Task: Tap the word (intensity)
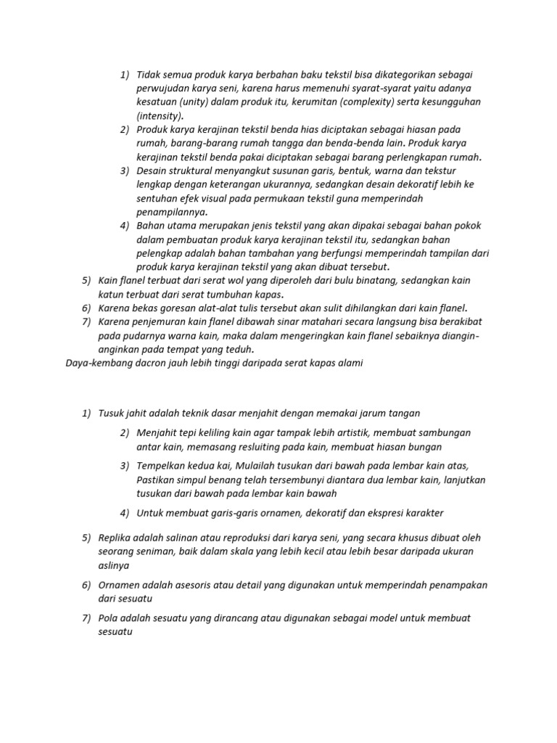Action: tap(160, 116)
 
